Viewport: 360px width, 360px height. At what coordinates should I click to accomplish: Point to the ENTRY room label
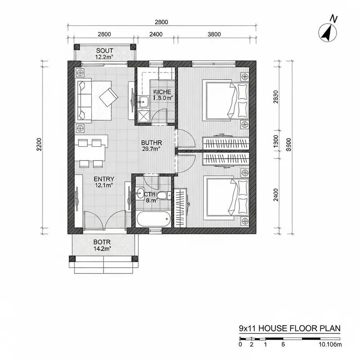point(104,181)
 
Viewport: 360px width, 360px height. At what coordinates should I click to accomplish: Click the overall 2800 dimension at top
point(161,22)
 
